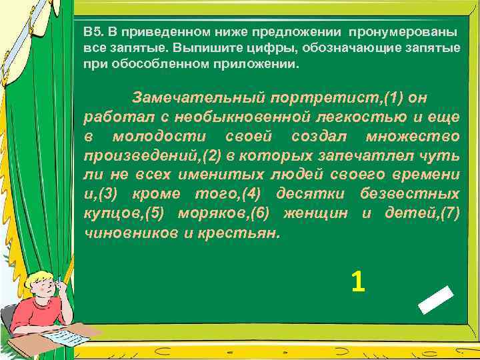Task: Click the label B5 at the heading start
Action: coord(93,31)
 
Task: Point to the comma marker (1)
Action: coord(390,98)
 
